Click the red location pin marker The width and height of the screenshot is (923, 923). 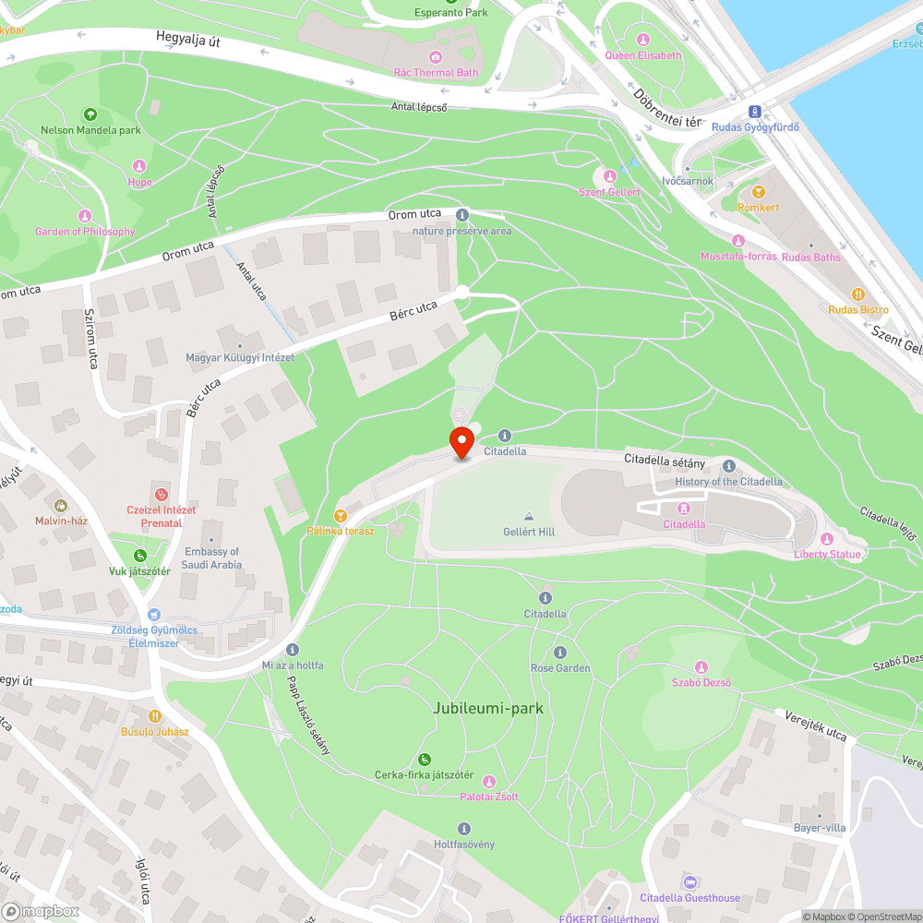[461, 442]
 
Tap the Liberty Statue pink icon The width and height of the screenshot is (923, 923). [826, 539]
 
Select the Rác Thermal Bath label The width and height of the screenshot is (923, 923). [436, 72]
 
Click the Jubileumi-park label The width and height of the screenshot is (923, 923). [488, 709]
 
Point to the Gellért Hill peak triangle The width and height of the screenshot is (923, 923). [529, 517]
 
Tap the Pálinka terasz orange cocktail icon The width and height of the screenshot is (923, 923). [341, 515]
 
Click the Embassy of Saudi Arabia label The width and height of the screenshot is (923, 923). [212, 557]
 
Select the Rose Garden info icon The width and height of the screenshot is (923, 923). [560, 653]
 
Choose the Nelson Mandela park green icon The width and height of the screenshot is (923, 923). [90, 114]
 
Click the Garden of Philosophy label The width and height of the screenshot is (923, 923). [85, 232]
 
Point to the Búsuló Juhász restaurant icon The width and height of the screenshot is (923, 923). [155, 715]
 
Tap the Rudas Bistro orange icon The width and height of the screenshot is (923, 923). [858, 294]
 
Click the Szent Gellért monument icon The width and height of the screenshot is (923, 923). [609, 176]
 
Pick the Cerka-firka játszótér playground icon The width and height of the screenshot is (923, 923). [425, 759]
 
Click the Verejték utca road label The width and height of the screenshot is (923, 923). [816, 725]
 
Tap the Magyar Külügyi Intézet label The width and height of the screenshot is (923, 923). [240, 357]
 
